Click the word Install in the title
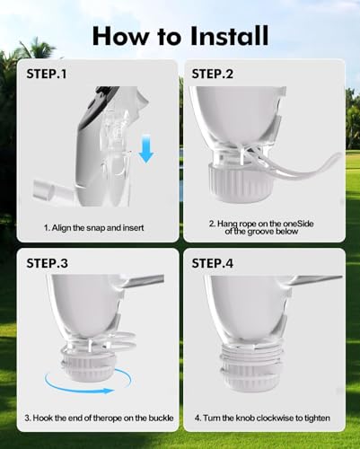pyautogui.click(x=229, y=36)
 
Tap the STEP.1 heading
pyautogui.click(x=47, y=74)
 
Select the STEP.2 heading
pyautogui.click(x=212, y=74)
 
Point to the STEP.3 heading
pyautogui.click(x=47, y=263)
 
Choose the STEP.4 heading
pyautogui.click(x=212, y=263)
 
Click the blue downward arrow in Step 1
pyautogui.click(x=146, y=149)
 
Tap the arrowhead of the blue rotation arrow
pyautogui.click(x=108, y=391)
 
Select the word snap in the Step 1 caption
pyautogui.click(x=96, y=228)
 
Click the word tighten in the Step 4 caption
pyautogui.click(x=317, y=418)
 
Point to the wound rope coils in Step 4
pyautogui.click(x=251, y=353)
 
